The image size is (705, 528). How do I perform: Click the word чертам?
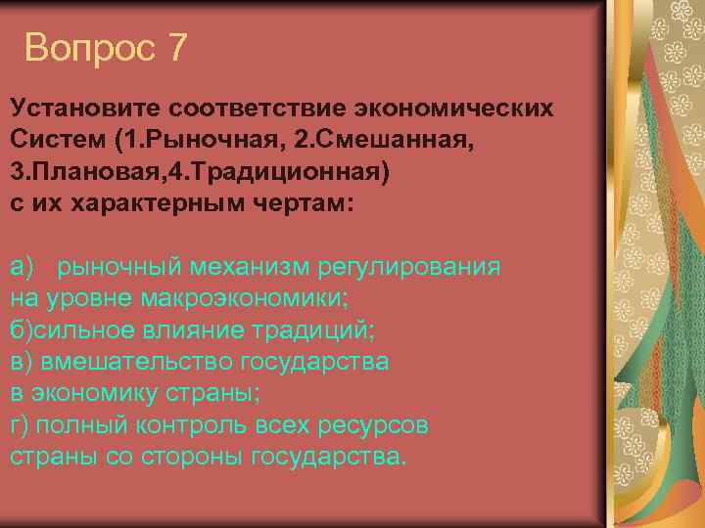[x=299, y=202]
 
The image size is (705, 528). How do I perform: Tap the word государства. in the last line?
[x=327, y=457]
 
